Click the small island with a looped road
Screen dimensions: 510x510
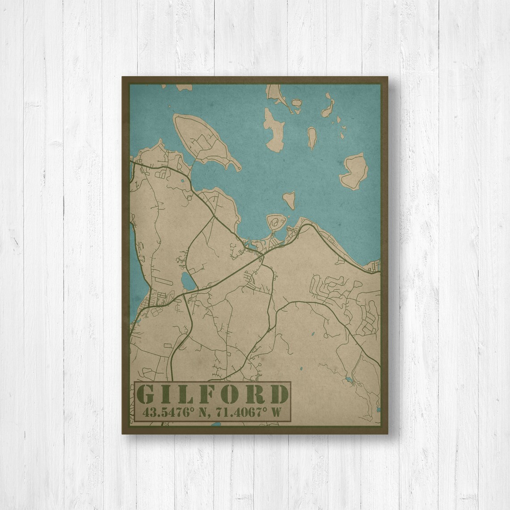pos(276,221)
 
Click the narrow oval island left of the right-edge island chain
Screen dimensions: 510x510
pos(312,137)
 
